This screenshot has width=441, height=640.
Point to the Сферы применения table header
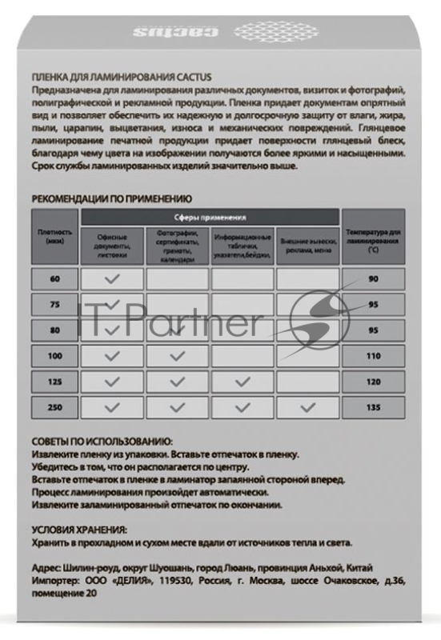pos(210,216)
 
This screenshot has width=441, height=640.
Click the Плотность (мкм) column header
pos(55,237)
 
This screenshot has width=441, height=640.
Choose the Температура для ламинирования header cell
pos(373,241)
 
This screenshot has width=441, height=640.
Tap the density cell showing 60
pos(55,279)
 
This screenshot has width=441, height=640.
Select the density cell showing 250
pos(55,406)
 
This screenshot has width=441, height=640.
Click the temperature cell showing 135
pos(373,406)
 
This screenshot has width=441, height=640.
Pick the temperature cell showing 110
pos(373,356)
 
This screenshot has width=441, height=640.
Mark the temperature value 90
pos(373,279)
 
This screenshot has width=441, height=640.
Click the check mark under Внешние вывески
pos(308,406)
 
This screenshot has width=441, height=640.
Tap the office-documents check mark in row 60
pos(112,279)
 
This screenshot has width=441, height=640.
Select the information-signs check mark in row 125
pos(243,382)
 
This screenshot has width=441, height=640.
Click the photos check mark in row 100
pos(178,356)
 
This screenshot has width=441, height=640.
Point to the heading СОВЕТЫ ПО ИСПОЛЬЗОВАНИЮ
pos(102,442)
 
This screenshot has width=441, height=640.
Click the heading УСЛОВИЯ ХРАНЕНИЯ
pos(80,529)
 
